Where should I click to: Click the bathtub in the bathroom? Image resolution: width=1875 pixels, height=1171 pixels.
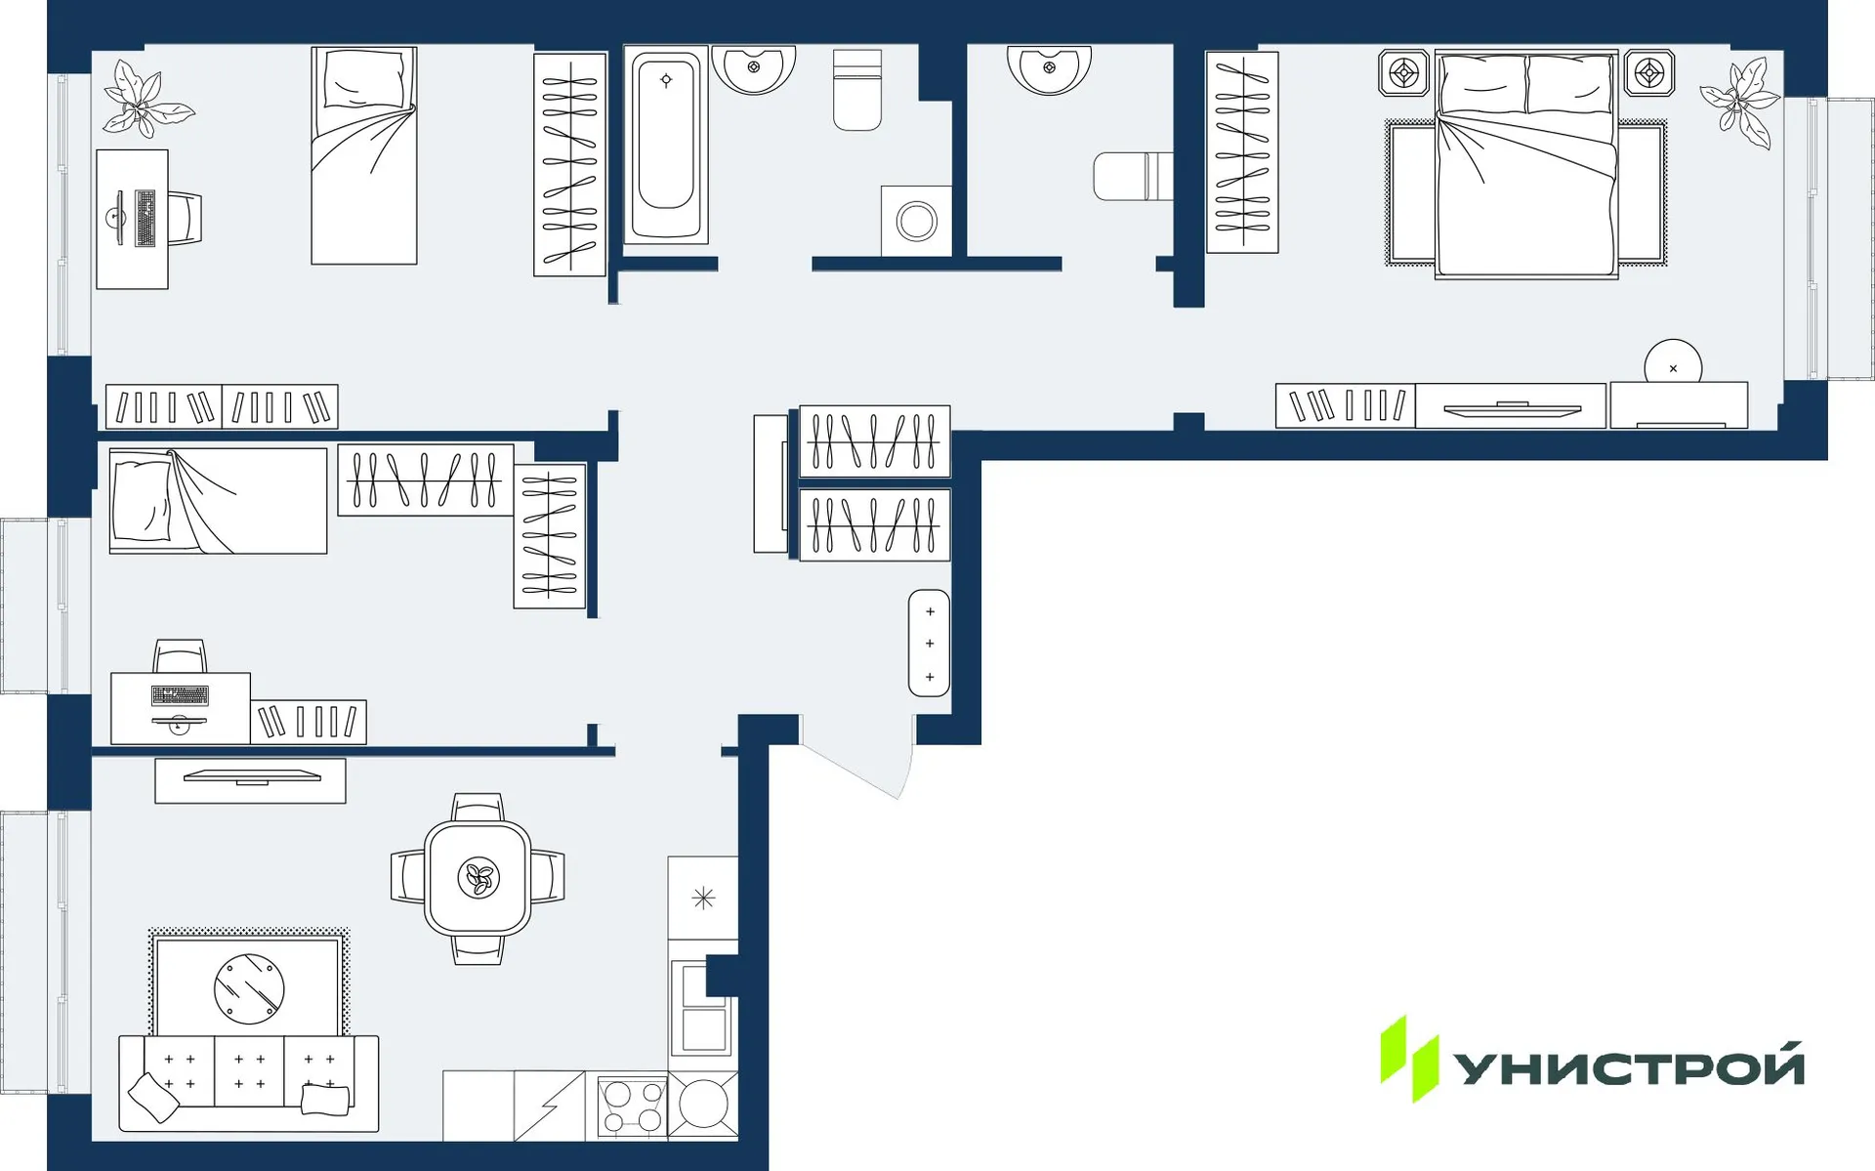(x=666, y=144)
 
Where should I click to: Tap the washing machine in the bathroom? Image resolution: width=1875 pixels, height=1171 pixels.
(x=916, y=221)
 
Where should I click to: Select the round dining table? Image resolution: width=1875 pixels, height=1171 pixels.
(x=478, y=878)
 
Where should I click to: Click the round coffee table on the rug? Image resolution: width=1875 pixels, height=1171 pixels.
(x=249, y=988)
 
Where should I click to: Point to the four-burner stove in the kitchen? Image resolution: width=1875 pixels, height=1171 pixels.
(x=632, y=1107)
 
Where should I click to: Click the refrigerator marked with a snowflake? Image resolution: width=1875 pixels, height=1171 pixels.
(x=703, y=898)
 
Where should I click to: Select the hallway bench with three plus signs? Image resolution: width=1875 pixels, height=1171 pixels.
(x=929, y=644)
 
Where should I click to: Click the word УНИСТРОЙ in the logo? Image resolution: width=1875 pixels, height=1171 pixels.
(x=1629, y=1067)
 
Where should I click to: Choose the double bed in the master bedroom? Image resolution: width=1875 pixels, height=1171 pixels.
(x=1525, y=166)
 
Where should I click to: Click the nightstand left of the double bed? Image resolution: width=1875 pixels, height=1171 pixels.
(x=1403, y=73)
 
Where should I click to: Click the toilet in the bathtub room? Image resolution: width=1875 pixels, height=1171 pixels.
(x=856, y=91)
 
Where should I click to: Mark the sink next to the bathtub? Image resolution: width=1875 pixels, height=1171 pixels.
(x=753, y=67)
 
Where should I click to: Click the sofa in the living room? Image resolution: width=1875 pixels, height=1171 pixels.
(x=249, y=1084)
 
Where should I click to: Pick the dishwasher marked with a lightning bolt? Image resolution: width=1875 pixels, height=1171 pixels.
(x=549, y=1107)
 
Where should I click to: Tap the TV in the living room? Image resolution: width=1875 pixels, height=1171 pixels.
(x=251, y=780)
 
